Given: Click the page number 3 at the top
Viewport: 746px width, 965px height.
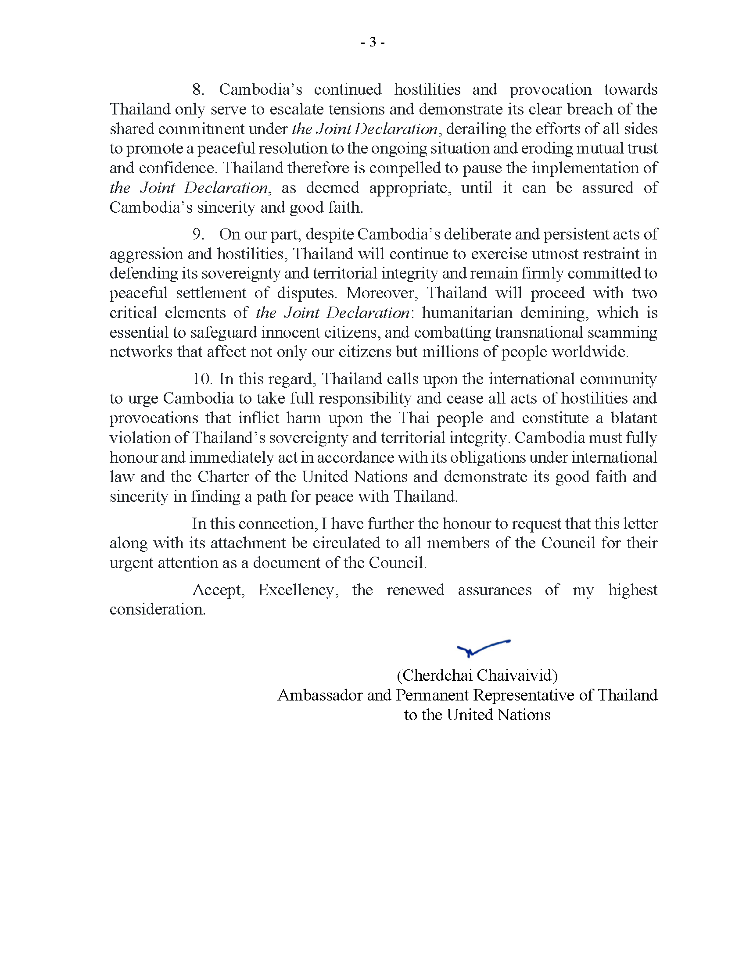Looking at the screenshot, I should point(373,43).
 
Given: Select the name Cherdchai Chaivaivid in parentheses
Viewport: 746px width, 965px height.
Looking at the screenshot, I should point(477,675).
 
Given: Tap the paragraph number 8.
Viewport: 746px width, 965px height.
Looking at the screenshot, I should point(197,89).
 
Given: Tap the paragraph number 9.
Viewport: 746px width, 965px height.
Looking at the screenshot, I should point(197,234).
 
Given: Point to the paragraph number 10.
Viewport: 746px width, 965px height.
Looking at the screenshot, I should point(202,379).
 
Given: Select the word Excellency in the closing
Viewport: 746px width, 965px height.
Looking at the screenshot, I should point(298,590).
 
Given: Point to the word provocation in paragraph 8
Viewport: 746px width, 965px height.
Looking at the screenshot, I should point(550,89).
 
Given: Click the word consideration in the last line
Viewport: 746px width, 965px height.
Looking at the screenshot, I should point(158,609).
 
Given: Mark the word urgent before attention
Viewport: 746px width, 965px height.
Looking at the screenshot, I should point(131,563).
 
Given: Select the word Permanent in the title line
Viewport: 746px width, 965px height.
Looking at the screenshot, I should point(432,695).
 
